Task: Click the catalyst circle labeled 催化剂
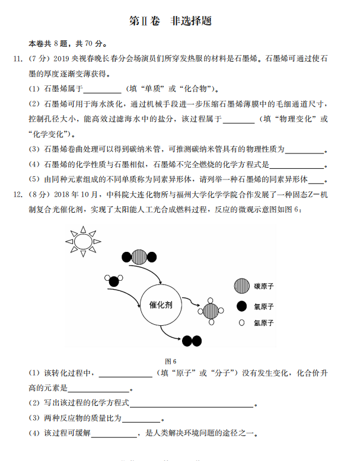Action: tap(161, 305)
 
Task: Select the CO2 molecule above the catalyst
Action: tap(140, 257)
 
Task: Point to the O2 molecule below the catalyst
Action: tap(192, 341)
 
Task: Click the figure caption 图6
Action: tap(171, 361)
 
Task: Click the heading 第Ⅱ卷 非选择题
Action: tap(171, 21)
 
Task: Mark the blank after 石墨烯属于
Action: tap(102, 89)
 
